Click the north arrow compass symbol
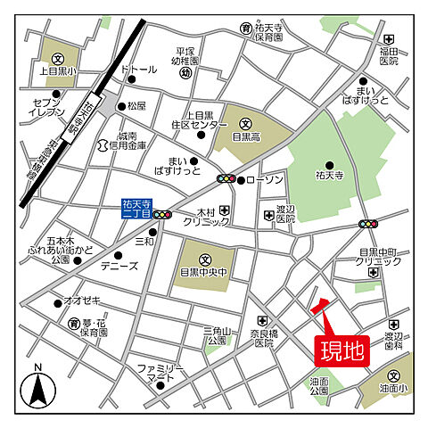pos(37,388)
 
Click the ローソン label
pos(265,180)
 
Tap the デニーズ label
pos(119,267)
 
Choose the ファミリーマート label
pos(160,374)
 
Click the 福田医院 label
pos(388,55)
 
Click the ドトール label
pos(138,69)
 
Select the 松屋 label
pos(136,105)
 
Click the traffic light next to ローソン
pos(227,179)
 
